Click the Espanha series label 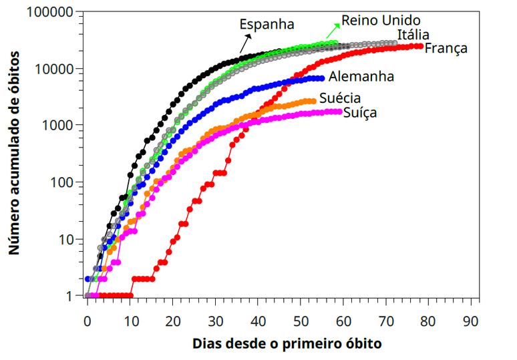coord(267,25)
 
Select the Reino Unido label coord(381,20)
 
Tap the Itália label coord(413,35)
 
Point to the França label coord(446,48)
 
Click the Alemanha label coord(361,76)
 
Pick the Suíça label coord(359,112)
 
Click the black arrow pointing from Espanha coord(246,44)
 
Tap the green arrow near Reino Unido coord(333,30)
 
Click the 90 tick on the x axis coord(471,320)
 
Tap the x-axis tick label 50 coord(301,320)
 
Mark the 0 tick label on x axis coord(87,320)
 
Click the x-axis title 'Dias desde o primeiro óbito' coord(287,344)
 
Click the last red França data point coord(420,46)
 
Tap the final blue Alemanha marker coord(321,78)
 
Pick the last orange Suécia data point coord(313,101)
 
